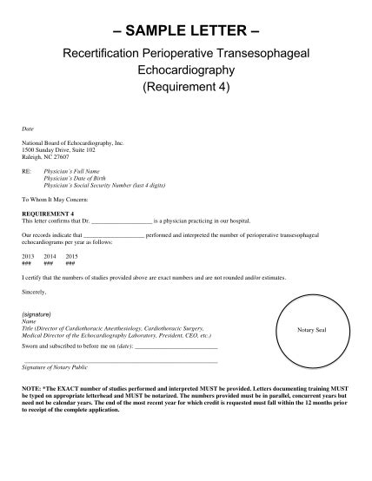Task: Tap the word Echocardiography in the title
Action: [185, 70]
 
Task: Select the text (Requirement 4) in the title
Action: [185, 88]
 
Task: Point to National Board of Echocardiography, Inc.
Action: [73, 140]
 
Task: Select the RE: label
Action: [27, 172]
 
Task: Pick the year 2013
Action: [28, 256]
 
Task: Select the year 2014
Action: [50, 256]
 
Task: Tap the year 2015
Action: [71, 256]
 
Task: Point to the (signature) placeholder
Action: [38, 314]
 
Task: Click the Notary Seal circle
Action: [310, 331]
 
